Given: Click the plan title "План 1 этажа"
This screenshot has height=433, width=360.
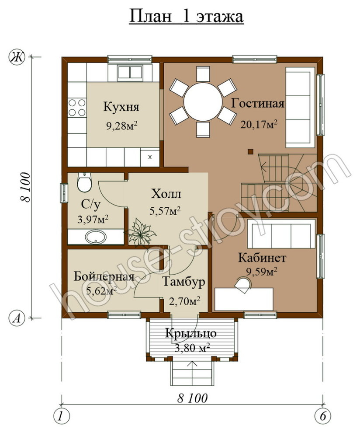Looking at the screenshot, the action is pos(186,16).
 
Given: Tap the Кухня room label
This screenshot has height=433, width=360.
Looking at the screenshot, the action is pos(121,107).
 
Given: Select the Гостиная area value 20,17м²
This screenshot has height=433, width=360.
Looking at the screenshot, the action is pos(259,124).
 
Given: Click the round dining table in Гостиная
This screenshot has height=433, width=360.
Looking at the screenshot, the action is pos(203,101).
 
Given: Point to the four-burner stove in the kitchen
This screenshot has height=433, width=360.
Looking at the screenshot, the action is pos(77,108).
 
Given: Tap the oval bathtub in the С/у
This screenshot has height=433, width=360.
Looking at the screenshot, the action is pos(95,237).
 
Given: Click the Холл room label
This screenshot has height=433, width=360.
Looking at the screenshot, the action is pos(166,194).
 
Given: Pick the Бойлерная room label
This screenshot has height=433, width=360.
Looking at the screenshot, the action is pos(104,276).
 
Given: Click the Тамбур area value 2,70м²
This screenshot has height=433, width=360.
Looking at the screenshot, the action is pos(184,301).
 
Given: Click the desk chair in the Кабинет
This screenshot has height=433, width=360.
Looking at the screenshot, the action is pos(244,284).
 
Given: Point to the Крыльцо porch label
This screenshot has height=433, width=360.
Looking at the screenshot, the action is pos(190,333).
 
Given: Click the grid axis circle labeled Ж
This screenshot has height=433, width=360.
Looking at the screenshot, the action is pos(17,57).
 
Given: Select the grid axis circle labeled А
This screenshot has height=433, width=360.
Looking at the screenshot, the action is pos(17,319).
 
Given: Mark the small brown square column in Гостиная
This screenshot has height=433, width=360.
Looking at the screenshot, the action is pos(250,151).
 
